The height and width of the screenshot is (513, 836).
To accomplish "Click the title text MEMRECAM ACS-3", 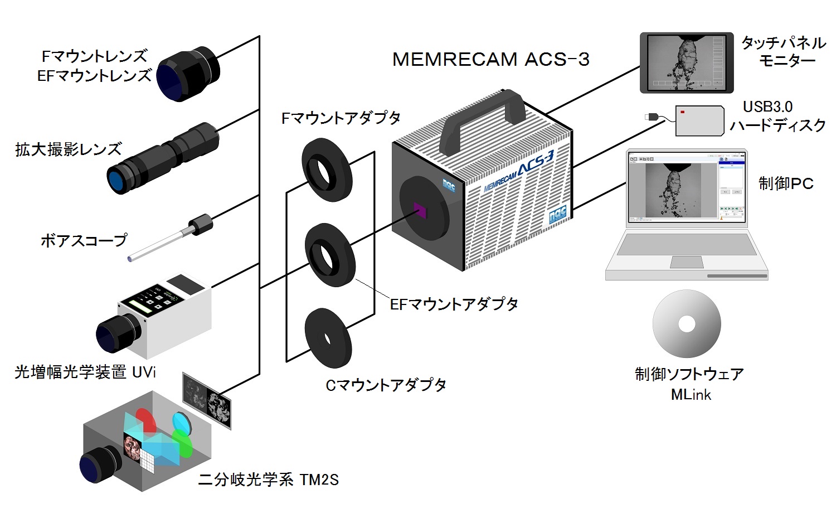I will point(490,59).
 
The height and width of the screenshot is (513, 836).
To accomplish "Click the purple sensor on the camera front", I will point(420,211).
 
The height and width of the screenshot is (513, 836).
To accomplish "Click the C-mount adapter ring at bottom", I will point(328,338).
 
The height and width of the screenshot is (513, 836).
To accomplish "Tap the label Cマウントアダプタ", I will point(386,385).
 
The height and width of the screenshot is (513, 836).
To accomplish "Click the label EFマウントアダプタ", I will point(454,304).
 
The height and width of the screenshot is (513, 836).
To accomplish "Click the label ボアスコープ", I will point(84,241).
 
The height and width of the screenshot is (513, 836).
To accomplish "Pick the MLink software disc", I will point(687,323).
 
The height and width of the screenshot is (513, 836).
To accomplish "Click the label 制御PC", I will point(786,183).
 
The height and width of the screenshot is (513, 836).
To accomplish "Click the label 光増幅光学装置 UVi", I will point(85,372).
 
